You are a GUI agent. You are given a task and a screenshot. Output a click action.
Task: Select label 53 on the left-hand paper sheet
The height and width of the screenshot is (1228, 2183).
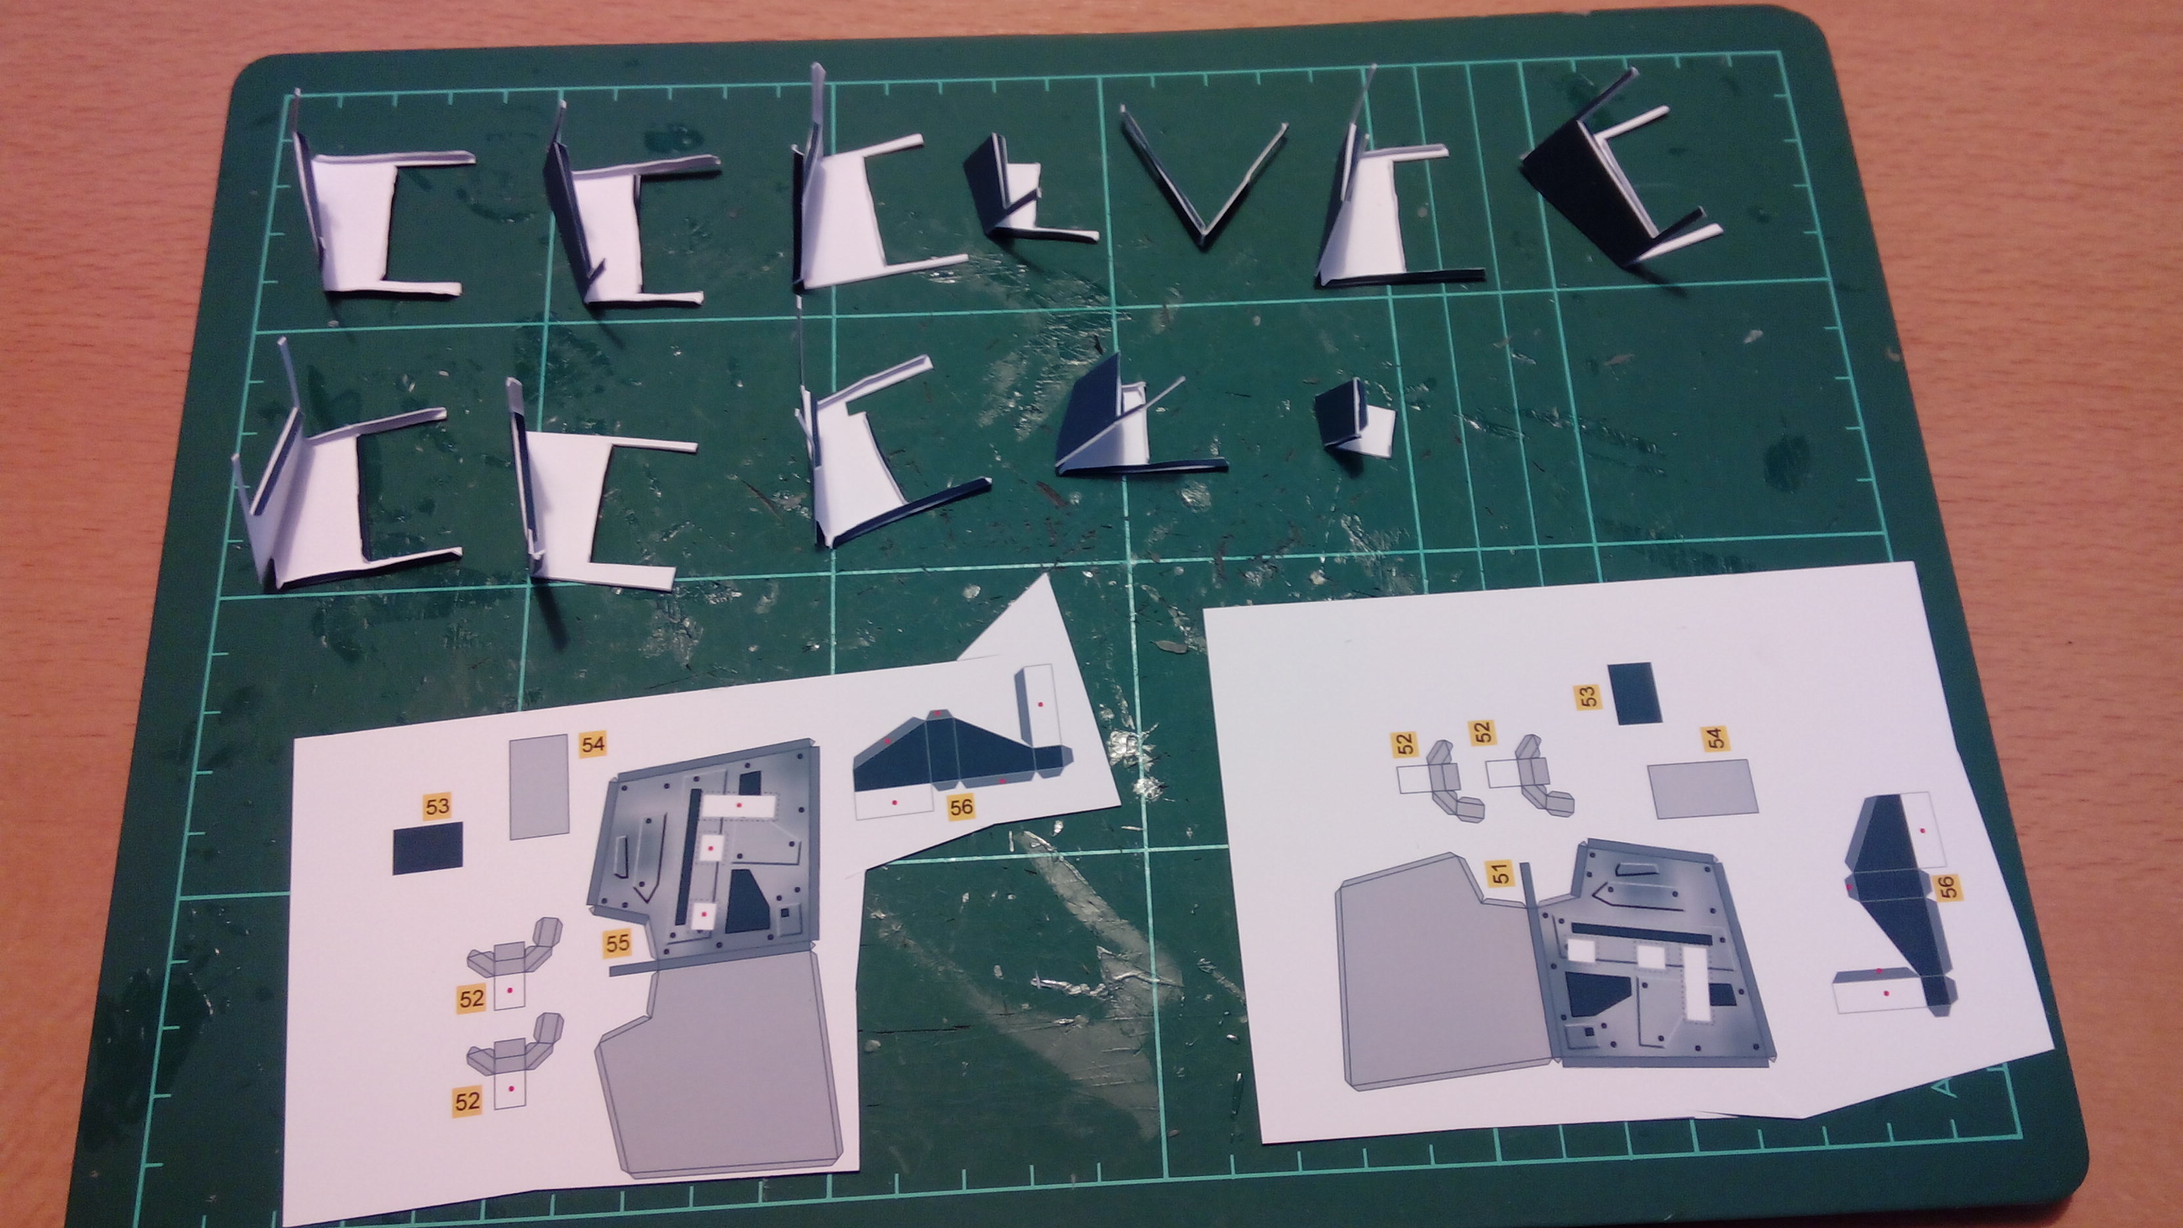pos(438,806)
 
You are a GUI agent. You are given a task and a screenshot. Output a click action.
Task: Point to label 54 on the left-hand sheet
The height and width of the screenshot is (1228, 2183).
pos(593,744)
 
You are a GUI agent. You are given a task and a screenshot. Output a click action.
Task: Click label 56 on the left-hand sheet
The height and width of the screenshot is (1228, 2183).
pos(961,807)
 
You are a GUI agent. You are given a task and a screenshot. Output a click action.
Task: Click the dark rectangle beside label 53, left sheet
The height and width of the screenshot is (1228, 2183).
pos(428,848)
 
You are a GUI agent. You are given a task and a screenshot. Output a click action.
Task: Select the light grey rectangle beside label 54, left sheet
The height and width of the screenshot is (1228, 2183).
pos(538,787)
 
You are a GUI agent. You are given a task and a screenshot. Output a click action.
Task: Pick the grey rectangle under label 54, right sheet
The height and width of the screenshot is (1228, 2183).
pos(1696,787)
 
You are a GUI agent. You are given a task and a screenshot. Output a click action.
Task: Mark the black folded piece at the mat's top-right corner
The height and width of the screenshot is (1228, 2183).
pos(1610,186)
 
